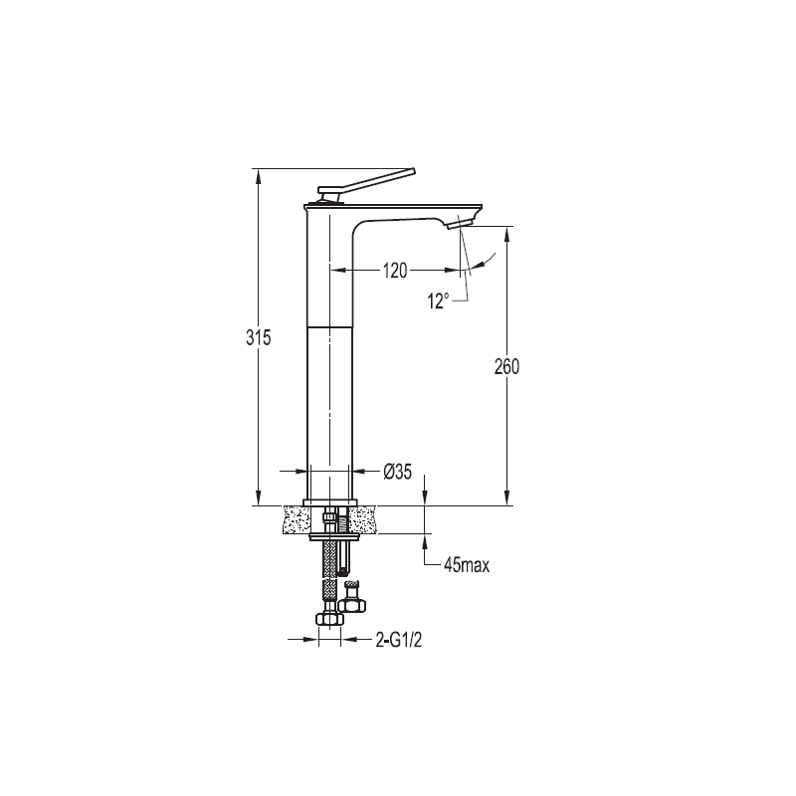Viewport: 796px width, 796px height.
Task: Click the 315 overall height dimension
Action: [x=259, y=337]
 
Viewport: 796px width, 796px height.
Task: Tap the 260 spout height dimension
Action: [x=506, y=366]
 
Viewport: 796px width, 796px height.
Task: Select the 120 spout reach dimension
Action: [x=395, y=271]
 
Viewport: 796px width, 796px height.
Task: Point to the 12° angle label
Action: [x=438, y=301]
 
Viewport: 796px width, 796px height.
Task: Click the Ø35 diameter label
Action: [x=397, y=472]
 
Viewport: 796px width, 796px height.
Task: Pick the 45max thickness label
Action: [x=467, y=565]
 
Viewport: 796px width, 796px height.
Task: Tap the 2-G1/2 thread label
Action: [x=399, y=640]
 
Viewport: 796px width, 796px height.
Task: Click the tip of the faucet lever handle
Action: [x=414, y=171]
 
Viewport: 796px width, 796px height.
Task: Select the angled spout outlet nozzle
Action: [x=461, y=222]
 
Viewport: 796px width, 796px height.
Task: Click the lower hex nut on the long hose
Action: [x=329, y=618]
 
